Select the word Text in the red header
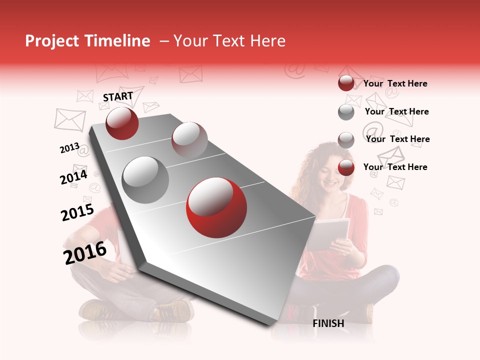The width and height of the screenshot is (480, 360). coord(230,41)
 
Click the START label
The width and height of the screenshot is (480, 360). coord(118,96)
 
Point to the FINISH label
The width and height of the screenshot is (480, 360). coord(328,323)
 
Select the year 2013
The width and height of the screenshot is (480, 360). coord(69,148)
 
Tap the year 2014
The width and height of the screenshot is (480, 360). coord(73,177)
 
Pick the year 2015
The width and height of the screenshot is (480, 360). coord(77,212)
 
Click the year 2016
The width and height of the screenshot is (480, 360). coord(85,252)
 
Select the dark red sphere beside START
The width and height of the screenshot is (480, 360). coord(122,123)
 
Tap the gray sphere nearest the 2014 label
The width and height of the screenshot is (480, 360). coord(145,180)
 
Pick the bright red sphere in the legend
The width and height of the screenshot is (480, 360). coord(346,168)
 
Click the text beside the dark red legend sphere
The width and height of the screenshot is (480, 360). coord(395,83)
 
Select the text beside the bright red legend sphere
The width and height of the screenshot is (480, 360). coord(395,167)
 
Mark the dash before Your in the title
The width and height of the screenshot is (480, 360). coord(164,41)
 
